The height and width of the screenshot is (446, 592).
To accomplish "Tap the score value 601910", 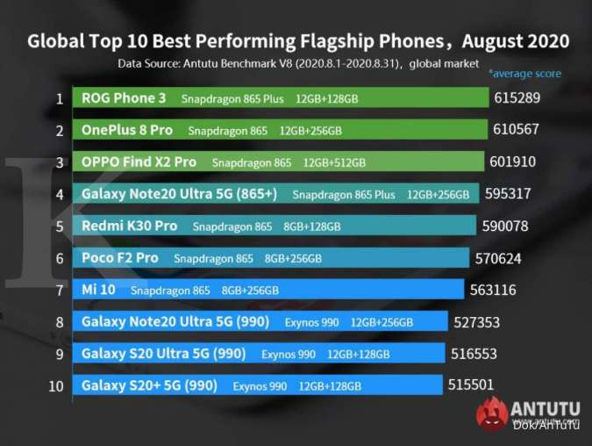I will point(512,162).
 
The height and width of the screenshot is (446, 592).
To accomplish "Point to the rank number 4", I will point(60,194).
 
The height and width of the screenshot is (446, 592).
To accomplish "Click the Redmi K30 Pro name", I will point(129,226).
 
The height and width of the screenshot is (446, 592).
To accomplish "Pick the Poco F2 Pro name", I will point(119,258).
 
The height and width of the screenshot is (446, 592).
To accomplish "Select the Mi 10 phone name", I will point(98,290).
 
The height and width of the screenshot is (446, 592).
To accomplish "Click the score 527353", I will point(476,322).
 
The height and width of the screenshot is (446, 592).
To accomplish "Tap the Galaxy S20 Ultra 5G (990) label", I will point(163,354).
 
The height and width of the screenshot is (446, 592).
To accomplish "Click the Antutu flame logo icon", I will point(492,414).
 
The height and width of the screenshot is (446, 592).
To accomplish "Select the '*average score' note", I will point(524,74).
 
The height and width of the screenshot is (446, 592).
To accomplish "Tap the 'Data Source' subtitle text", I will point(298,63).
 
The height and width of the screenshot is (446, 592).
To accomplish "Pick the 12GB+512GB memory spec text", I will point(334,162).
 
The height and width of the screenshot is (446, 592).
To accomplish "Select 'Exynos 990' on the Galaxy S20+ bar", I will point(260,386).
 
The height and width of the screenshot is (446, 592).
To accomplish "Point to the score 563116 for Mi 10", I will point(493,290).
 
